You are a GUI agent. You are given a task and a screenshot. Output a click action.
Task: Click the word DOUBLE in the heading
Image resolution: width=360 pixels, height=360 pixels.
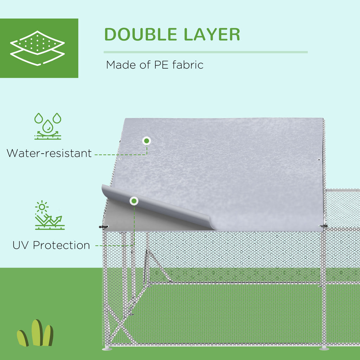[141, 34]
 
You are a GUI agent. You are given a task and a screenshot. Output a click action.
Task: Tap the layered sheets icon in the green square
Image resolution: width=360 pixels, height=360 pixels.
[37, 48]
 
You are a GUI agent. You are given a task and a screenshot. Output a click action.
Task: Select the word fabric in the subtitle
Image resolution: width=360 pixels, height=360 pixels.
[188, 65]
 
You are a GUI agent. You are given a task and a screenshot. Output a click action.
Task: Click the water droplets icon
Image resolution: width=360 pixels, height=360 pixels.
[48, 126]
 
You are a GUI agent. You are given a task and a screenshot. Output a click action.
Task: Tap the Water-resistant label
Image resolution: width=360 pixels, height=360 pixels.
[49, 153]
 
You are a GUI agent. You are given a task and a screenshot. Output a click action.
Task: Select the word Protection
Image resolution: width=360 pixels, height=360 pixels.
[61, 245]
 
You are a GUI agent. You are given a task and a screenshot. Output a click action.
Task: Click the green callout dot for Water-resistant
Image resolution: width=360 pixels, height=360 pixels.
[147, 141]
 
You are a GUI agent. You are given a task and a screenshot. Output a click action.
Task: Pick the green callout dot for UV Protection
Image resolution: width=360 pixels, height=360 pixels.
[134, 201]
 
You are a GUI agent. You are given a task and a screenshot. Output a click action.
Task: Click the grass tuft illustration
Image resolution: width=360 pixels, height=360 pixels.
[35, 333]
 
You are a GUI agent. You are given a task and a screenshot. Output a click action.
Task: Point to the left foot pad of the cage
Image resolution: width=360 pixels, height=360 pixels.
[107, 349]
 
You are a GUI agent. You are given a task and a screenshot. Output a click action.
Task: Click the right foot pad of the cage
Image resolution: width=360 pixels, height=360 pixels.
[324, 348]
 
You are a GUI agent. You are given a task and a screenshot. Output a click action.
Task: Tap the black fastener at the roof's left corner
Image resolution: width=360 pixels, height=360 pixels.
[104, 227]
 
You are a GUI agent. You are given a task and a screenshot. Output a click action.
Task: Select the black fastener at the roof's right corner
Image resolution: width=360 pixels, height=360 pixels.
[324, 226]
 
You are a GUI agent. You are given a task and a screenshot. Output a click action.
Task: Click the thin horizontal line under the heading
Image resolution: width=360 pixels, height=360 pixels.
[205, 52]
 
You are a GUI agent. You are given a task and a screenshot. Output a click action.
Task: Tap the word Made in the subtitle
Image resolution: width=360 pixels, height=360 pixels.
[121, 65]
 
